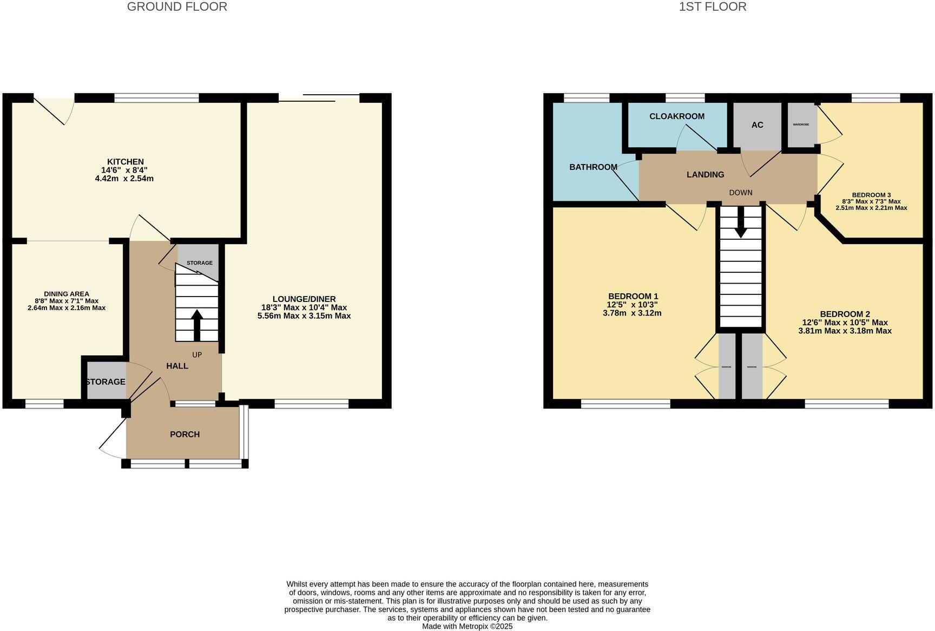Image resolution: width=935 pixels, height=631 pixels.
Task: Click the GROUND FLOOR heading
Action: (177, 7)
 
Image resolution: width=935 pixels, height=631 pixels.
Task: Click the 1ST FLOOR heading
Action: (713, 7)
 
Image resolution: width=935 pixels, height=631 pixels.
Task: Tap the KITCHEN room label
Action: (126, 162)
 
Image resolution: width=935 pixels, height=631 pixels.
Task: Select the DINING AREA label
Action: (67, 294)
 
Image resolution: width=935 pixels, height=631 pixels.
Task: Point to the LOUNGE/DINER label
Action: (304, 299)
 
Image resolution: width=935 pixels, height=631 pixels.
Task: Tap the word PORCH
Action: (185, 434)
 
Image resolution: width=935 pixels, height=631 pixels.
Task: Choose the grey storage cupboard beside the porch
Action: (106, 382)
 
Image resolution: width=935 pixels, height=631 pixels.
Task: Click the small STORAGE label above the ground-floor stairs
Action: (199, 263)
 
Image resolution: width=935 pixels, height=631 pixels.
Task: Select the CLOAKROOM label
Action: (677, 116)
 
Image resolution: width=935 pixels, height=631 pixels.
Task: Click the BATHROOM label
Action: (593, 167)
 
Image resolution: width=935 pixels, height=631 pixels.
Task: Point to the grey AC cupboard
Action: (757, 125)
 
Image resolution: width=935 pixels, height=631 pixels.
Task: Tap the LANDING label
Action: (705, 174)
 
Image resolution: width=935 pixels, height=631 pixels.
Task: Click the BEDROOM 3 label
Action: (871, 195)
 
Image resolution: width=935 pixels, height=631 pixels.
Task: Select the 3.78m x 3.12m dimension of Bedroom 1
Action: (632, 313)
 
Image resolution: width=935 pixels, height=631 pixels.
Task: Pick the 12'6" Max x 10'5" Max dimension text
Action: (845, 323)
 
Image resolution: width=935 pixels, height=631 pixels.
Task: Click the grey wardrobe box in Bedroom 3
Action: (801, 125)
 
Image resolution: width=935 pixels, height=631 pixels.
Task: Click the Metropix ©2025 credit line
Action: (467, 626)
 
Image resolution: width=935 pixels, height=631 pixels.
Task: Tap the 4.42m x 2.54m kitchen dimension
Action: (124, 178)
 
